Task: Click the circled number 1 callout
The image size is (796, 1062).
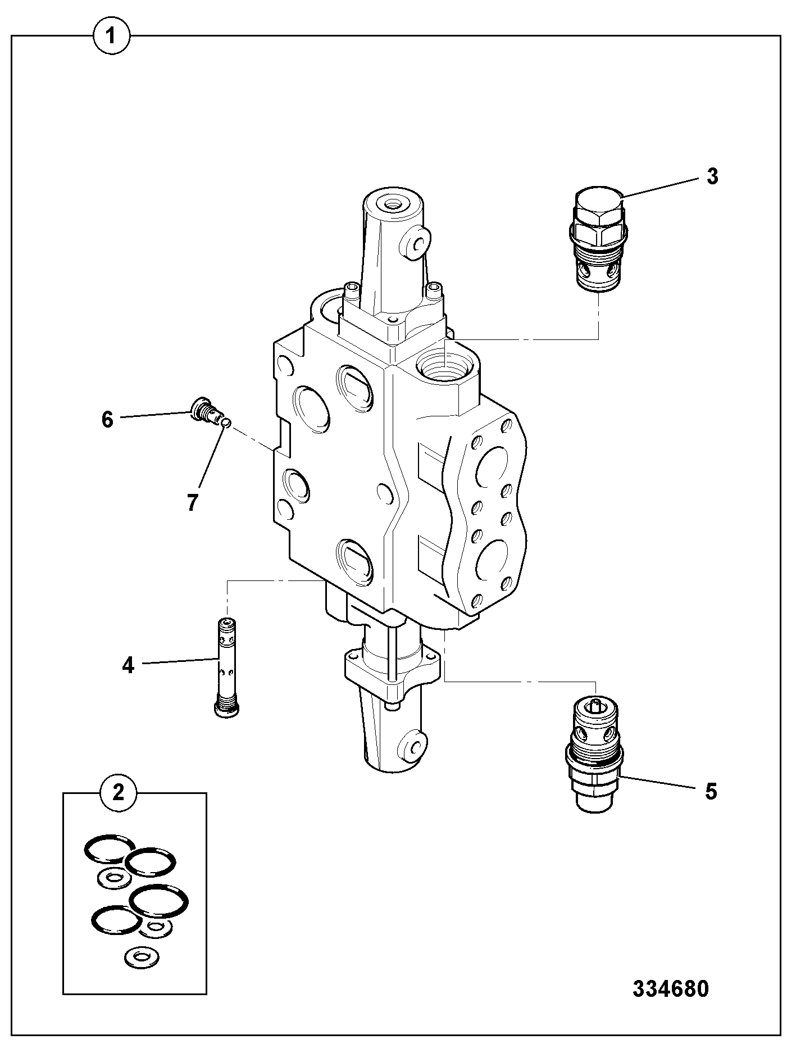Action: tap(111, 37)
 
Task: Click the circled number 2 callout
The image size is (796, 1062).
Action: tap(119, 793)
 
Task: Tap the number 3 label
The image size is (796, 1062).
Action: tap(712, 176)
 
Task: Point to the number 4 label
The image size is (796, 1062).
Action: tap(128, 665)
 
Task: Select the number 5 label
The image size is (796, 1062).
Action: tap(711, 792)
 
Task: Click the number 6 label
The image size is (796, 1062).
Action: tap(107, 419)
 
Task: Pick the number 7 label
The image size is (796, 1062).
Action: tap(192, 502)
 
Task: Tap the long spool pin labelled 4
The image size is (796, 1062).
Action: tap(227, 666)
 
